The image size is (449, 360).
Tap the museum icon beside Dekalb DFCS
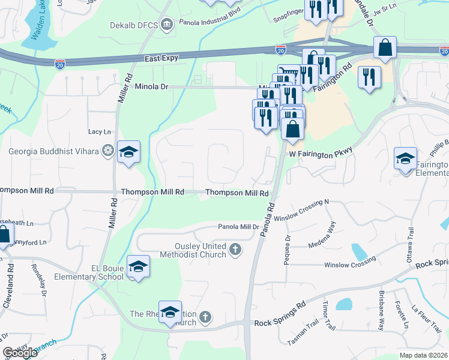click(x=167, y=25)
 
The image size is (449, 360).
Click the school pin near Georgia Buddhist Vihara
click(x=128, y=153)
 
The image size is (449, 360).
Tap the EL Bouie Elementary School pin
click(x=138, y=267)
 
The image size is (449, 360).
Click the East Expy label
click(x=162, y=59)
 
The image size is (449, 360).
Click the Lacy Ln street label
click(x=100, y=131)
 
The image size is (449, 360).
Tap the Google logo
click(x=20, y=353)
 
